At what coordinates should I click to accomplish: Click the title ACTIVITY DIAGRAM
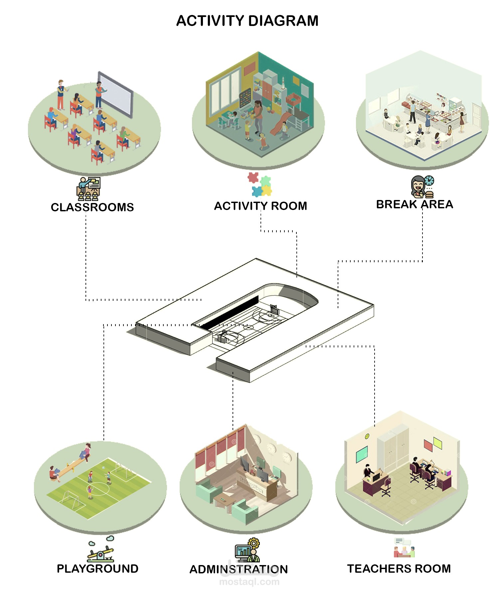247,21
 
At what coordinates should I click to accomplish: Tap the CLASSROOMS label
92,207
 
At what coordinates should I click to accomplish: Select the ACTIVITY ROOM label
260,206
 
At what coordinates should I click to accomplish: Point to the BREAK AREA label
415,204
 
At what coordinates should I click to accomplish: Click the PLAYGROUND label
97,569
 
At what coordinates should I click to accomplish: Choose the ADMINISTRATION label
239,569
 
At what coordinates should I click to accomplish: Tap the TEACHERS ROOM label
399,569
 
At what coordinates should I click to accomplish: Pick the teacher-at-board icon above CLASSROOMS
88,189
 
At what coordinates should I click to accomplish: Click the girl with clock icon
422,187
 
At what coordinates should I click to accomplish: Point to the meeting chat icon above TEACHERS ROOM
404,548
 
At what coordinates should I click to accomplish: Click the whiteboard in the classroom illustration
115,95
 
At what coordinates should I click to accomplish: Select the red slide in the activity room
280,123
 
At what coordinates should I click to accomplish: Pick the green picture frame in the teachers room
362,454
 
